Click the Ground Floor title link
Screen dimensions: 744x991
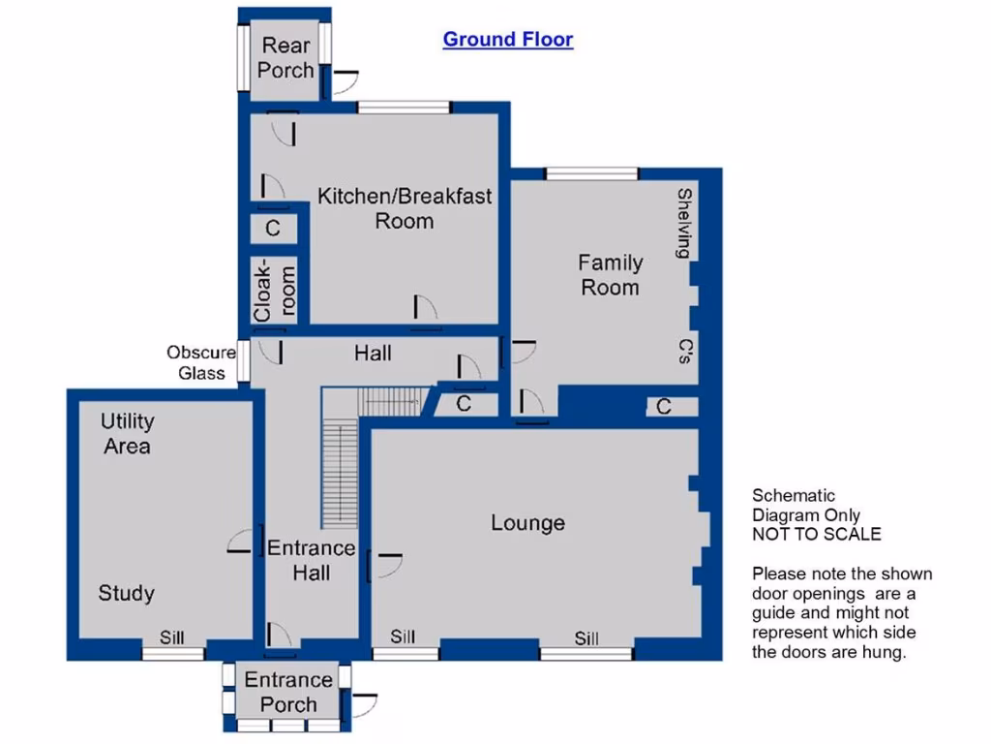(x=507, y=40)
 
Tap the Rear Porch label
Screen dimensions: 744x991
(x=285, y=57)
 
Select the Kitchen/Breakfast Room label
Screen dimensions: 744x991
(x=405, y=207)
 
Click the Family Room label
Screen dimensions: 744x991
(x=610, y=274)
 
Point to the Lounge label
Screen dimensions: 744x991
(x=527, y=523)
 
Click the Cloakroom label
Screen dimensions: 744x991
(x=274, y=289)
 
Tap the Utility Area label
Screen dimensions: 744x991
(x=127, y=433)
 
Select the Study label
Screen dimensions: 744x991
(x=127, y=593)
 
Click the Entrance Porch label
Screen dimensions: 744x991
(x=288, y=692)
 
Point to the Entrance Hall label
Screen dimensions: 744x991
(x=312, y=560)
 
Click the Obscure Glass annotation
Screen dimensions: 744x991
(x=201, y=362)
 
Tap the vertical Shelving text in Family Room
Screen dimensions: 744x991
(x=684, y=223)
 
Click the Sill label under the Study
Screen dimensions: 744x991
(x=172, y=637)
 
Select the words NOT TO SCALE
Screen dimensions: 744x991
(x=817, y=534)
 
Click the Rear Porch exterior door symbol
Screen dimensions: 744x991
(x=345, y=83)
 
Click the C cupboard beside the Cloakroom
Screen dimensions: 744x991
(x=273, y=230)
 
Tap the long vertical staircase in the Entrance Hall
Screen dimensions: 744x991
(x=339, y=474)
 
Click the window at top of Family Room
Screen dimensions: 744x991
(x=591, y=174)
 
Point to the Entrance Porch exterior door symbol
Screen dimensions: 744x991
(x=364, y=705)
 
